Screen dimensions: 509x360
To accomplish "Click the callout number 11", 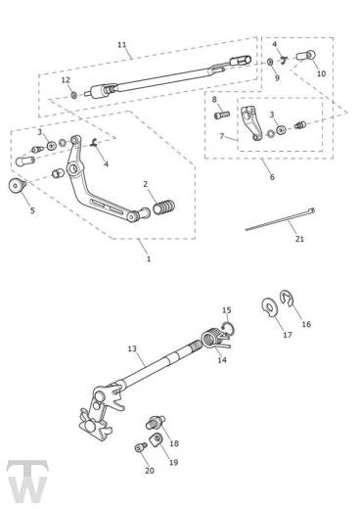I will coord(121,45).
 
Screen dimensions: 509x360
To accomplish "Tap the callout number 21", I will coord(299,239).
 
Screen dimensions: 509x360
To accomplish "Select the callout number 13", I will coord(132,348).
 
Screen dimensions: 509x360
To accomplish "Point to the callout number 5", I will coord(31,210).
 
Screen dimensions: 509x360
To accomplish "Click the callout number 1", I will coord(148,259).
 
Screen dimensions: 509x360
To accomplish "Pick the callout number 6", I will coord(272,177).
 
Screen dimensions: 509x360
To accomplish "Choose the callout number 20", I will coord(150,471).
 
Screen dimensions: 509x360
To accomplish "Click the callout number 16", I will coord(305,324).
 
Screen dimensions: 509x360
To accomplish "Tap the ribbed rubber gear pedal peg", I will coord(164,208).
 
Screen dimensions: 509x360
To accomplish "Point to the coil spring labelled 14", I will coord(209,339).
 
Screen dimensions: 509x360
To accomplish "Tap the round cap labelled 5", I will coord(17,186).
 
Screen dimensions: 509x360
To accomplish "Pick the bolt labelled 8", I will coord(219,115).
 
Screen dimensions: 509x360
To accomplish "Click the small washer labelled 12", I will coord(74,95).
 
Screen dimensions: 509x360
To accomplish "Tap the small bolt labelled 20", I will coord(141,447).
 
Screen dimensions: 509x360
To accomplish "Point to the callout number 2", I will coord(145,183).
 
